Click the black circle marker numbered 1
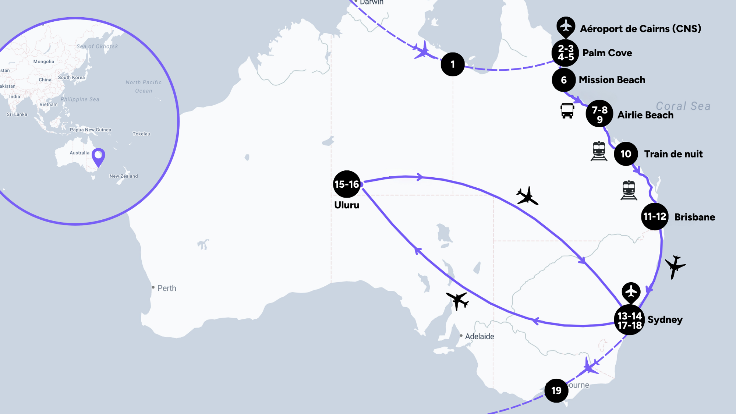[453, 64]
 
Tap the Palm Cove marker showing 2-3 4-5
[565, 53]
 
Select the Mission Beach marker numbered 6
[564, 80]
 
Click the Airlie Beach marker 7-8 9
[599, 114]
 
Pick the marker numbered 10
[626, 154]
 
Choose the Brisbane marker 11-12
[655, 216]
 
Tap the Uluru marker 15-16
[347, 184]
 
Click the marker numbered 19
[556, 390]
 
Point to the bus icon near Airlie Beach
[567, 110]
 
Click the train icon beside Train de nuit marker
[599, 151]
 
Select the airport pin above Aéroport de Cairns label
[566, 26]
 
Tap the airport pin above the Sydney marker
[631, 292]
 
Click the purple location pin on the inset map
[98, 157]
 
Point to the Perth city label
[166, 288]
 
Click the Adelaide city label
[479, 336]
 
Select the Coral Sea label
[683, 106]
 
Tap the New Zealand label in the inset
[124, 176]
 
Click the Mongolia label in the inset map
[44, 61]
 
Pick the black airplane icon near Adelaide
[457, 300]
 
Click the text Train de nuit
[673, 154]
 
